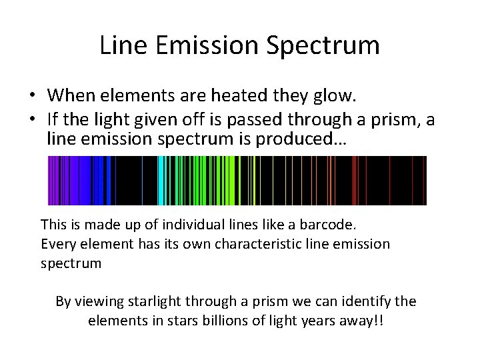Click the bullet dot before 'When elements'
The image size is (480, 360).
tap(32, 95)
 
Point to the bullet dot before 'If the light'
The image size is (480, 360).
tap(32, 119)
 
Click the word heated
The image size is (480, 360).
tap(235, 95)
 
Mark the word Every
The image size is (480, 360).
tap(58, 243)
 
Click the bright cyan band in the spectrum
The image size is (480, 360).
tap(162, 180)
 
